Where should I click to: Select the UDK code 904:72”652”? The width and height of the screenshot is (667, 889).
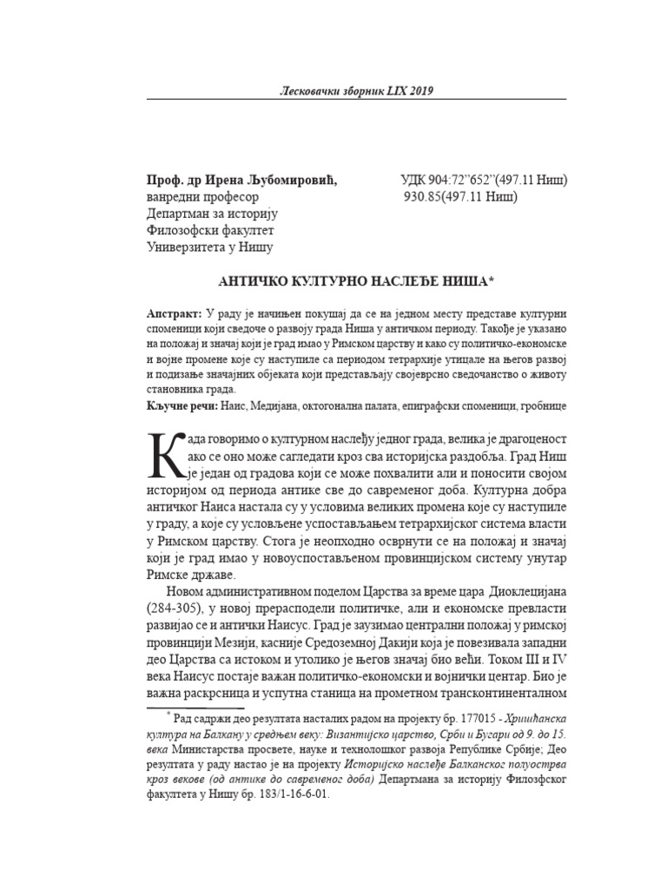click(x=467, y=181)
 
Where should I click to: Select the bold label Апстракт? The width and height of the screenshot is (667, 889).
click(x=174, y=312)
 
